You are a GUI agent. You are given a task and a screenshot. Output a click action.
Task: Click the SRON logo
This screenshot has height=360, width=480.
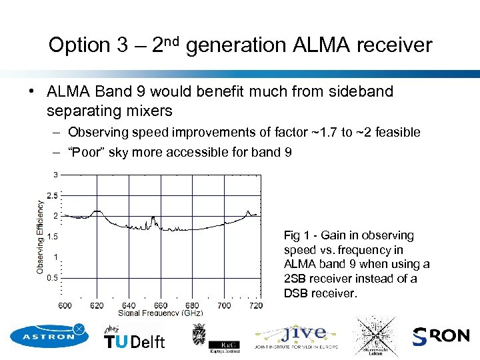(441, 336)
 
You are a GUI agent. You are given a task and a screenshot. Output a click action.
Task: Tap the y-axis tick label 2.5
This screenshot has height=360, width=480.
(52, 195)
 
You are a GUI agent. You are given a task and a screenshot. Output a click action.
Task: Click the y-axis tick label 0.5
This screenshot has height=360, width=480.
(52, 277)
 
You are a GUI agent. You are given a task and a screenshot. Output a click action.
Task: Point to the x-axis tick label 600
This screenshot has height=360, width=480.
(65, 305)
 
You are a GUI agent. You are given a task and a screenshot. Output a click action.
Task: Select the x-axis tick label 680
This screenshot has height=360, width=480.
(192, 305)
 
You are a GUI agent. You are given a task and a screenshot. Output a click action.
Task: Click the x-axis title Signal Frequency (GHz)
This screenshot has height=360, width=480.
(160, 313)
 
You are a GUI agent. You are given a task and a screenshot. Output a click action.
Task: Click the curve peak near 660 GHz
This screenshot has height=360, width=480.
(153, 218)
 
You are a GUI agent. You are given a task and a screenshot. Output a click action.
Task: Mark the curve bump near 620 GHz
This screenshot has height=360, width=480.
(98, 211)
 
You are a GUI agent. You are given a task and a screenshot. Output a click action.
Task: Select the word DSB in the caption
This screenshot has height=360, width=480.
(297, 293)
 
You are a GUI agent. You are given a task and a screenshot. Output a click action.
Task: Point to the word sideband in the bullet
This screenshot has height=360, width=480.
(360, 91)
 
